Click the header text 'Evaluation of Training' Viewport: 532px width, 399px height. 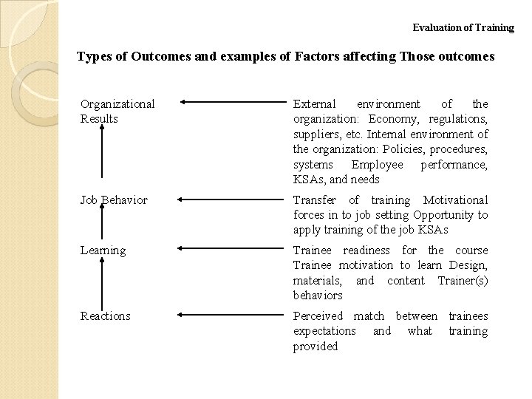click(x=463, y=28)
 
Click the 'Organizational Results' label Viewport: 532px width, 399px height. click(x=117, y=111)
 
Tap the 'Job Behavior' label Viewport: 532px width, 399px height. click(x=114, y=200)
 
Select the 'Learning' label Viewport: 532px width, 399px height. click(x=103, y=250)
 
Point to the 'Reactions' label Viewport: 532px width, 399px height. click(x=106, y=316)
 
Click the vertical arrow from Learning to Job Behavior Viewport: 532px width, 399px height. click(x=101, y=225)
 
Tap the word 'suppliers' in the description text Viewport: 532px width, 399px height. click(x=315, y=134)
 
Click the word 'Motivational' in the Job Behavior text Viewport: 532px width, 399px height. click(x=456, y=200)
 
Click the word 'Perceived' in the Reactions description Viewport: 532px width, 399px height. click(x=318, y=316)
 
